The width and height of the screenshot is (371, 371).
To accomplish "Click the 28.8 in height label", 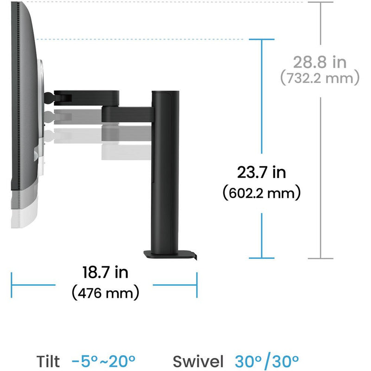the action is click(320, 62).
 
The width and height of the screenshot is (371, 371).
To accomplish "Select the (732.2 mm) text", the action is click(320, 77).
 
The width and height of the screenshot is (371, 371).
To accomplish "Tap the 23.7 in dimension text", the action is click(262, 172).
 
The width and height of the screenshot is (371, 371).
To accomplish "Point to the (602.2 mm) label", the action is click(262, 193).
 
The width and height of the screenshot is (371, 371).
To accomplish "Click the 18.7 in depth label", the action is click(105, 272).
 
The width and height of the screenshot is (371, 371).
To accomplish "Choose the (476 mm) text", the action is click(105, 293).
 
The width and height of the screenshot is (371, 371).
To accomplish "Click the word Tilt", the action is click(48, 361).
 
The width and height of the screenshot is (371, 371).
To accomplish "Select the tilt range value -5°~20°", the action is click(103, 361).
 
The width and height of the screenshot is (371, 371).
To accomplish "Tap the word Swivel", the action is click(198, 362).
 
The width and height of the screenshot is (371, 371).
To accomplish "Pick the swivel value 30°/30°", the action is click(267, 361).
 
